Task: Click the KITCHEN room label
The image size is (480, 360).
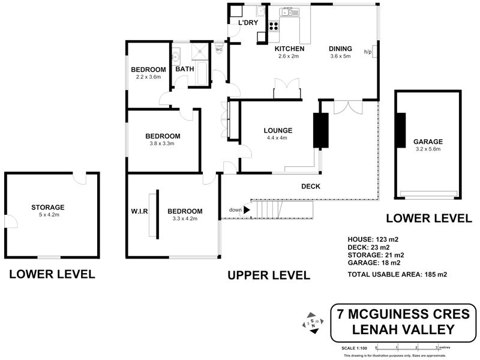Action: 290,49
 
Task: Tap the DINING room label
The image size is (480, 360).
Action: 340,49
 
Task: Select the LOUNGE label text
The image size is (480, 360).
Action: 277,130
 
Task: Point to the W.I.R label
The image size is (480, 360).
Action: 139,211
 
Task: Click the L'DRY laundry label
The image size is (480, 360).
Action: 247,23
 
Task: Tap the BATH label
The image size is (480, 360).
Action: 185,70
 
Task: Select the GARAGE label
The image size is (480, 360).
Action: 427,142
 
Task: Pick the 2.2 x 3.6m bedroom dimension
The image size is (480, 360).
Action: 149,77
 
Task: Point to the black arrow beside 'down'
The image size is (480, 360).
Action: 247,210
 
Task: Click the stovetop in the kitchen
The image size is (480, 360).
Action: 274,26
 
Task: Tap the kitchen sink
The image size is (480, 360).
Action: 289,11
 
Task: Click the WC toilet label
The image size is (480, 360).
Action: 218,50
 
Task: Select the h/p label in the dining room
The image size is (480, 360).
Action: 368,52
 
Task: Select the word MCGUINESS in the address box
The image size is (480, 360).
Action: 403,313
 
